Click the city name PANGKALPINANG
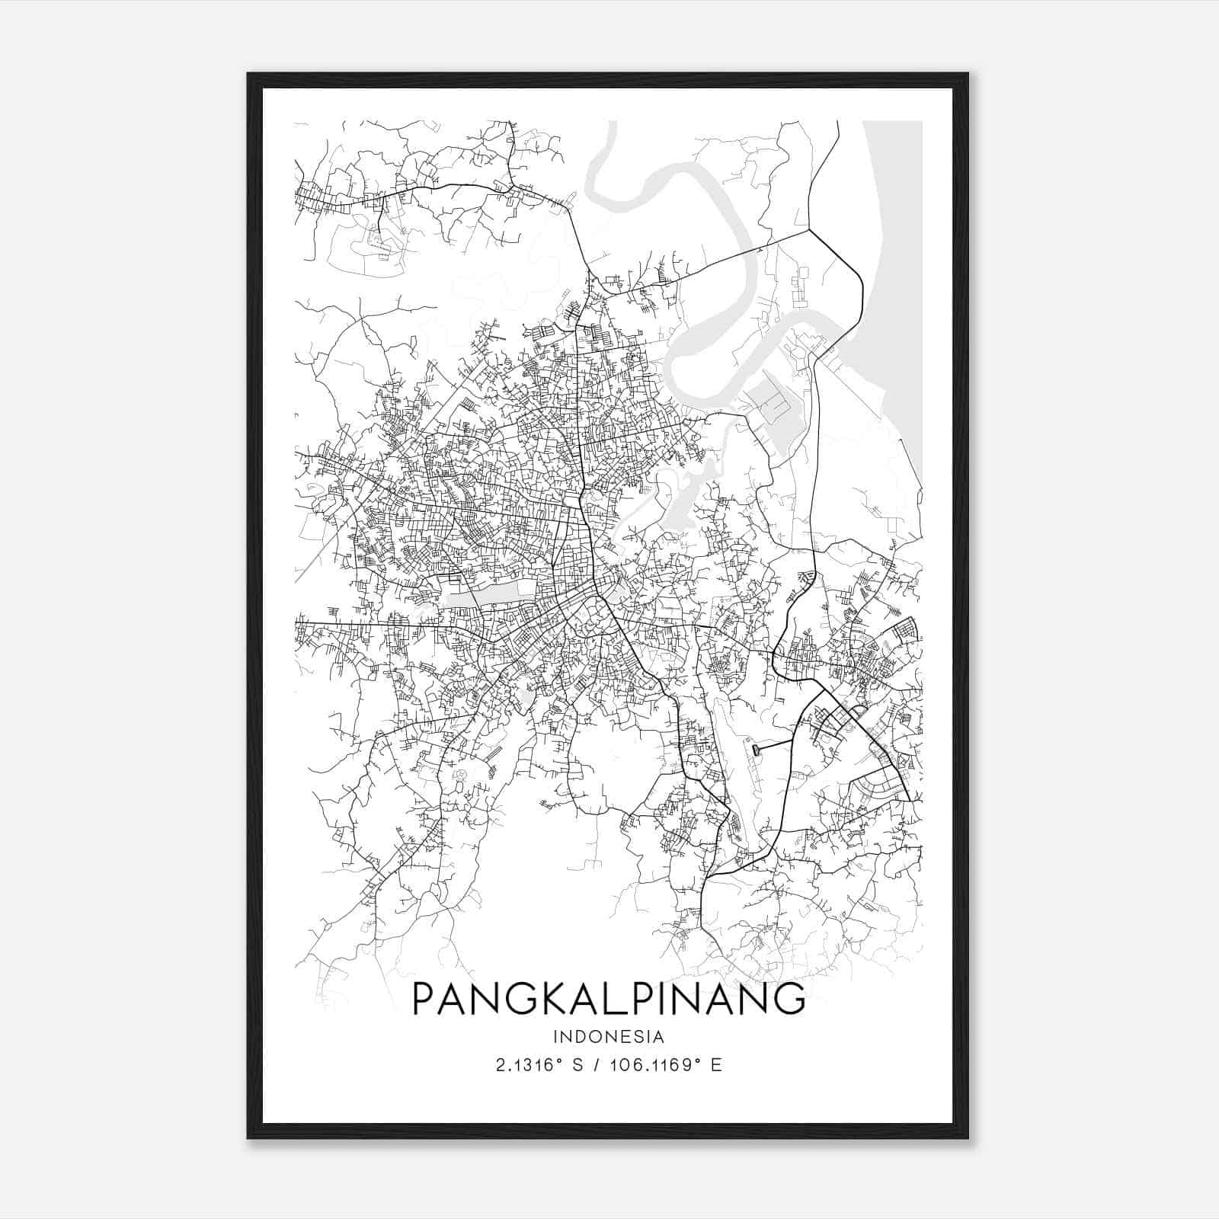[x=608, y=998]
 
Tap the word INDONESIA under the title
[x=609, y=1037]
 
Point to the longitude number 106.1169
[x=650, y=1065]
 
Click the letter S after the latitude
[x=578, y=1065]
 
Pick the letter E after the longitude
[x=715, y=1065]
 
